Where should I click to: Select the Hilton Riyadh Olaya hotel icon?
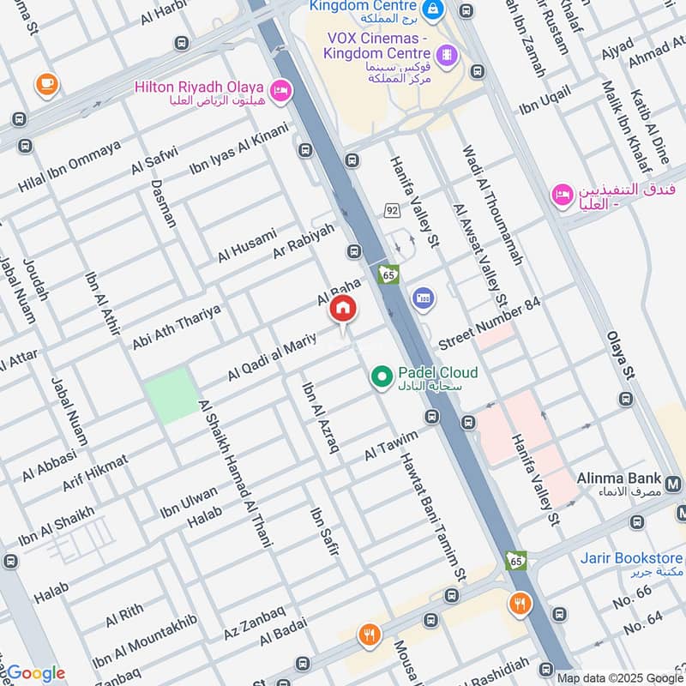pyautogui.click(x=280, y=89)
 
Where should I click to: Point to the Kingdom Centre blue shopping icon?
pyautogui.click(x=436, y=9)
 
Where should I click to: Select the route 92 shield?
pyautogui.click(x=392, y=210)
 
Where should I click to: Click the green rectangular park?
pyautogui.click(x=171, y=395)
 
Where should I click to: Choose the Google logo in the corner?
pyautogui.click(x=34, y=673)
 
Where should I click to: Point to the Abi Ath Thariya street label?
pyautogui.click(x=176, y=327)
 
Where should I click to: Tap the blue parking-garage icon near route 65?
pyautogui.click(x=424, y=298)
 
